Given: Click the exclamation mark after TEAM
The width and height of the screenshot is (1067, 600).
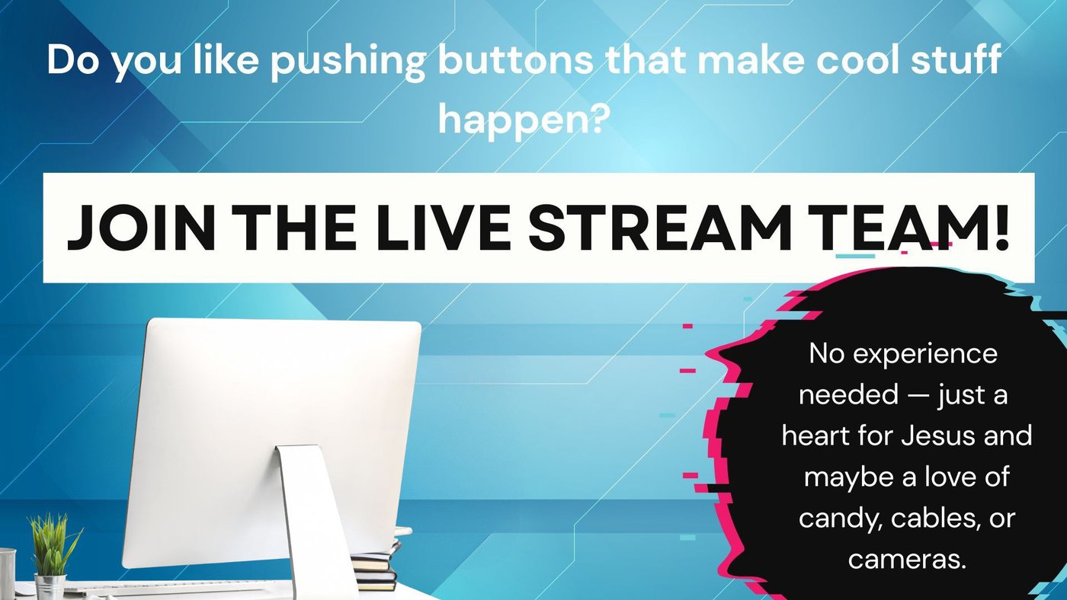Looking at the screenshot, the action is [1000, 228].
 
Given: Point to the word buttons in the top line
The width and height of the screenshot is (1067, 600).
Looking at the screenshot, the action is [515, 60].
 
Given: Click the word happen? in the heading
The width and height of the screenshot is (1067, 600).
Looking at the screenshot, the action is [524, 119].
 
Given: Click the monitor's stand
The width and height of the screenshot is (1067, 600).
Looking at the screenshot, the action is [314, 521].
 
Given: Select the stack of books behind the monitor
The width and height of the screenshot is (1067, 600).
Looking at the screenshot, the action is [376, 564].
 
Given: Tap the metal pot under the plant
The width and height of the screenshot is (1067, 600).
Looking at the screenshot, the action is [50, 586].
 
